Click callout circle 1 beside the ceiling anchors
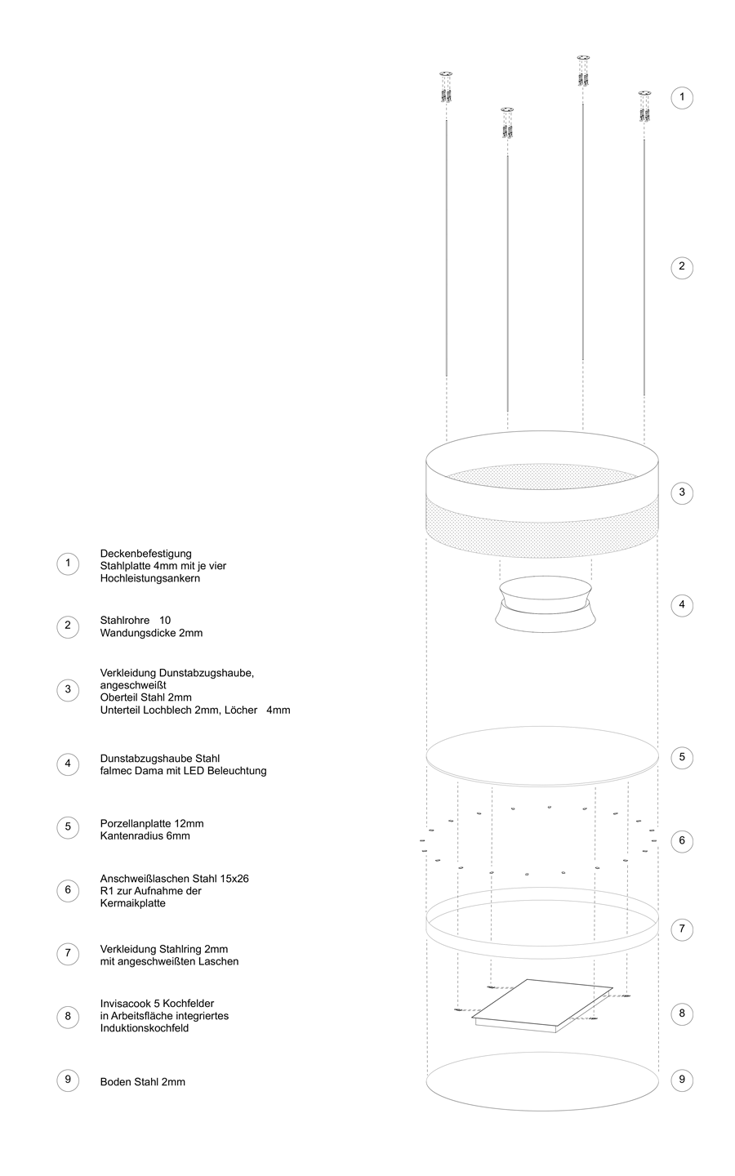click(681, 98)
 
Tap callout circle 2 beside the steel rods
click(681, 268)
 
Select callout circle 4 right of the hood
click(681, 605)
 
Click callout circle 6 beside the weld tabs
click(681, 841)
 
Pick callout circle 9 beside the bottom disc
click(681, 1080)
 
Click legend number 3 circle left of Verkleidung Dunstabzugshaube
click(68, 690)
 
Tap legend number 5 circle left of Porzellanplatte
click(68, 827)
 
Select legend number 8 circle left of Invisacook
click(68, 1017)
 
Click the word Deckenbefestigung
click(146, 554)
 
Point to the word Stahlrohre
click(125, 621)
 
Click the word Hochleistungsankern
click(150, 578)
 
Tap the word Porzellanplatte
click(136, 824)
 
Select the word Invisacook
click(124, 1004)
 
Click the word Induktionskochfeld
click(145, 1028)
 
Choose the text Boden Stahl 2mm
click(143, 1082)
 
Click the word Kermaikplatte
click(133, 903)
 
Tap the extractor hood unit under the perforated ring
click(546, 604)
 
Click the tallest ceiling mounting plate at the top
click(583, 57)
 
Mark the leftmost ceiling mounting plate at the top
click(446, 74)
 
